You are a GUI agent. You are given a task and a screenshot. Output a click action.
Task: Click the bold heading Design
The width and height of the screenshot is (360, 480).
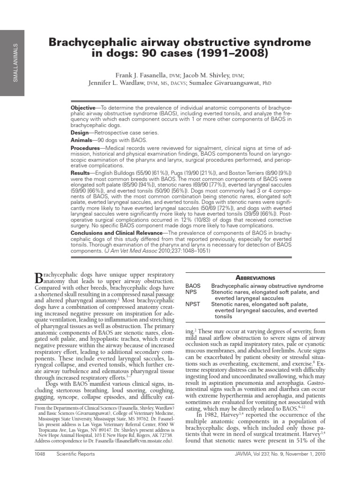point(80,133)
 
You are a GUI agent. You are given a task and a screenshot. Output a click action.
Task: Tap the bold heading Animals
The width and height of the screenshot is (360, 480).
point(82,140)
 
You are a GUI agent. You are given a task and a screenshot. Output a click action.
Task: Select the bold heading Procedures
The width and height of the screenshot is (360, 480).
point(86,148)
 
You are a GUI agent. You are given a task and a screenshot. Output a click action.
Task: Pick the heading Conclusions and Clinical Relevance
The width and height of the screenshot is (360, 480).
point(116,233)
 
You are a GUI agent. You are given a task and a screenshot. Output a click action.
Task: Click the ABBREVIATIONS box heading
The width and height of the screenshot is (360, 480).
point(255,278)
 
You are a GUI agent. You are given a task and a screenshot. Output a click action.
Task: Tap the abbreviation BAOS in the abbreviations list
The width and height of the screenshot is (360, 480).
point(193,286)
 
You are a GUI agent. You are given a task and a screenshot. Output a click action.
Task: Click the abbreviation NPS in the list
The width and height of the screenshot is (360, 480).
point(191,292)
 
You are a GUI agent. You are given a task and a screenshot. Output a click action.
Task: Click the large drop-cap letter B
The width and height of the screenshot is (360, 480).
point(39,278)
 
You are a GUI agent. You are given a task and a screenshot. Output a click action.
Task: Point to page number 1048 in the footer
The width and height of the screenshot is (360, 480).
point(42,454)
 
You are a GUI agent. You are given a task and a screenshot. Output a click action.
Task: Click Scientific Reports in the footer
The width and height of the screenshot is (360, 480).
point(75,454)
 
